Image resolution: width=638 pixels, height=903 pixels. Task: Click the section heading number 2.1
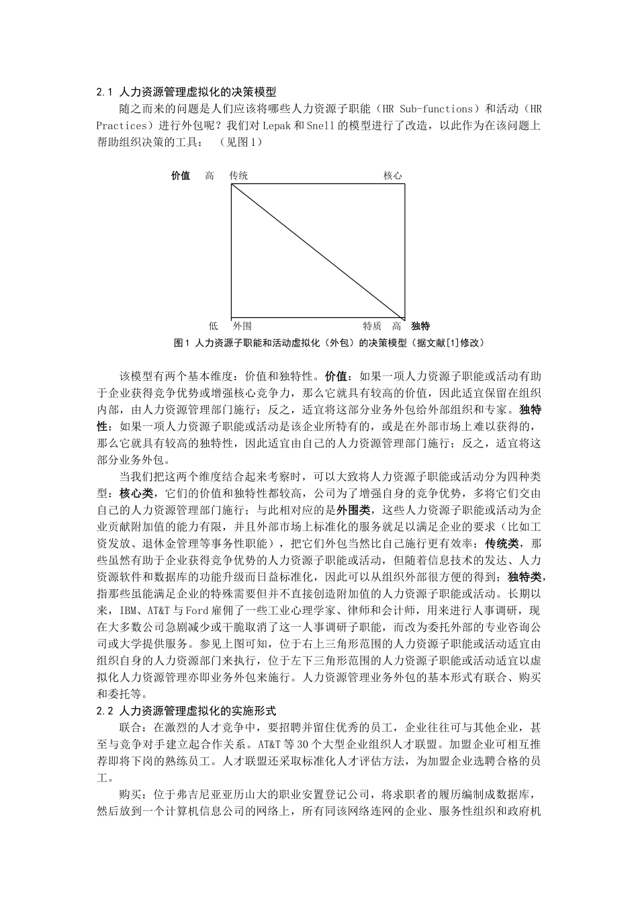104,92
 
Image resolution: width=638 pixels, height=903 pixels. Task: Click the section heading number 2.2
104,710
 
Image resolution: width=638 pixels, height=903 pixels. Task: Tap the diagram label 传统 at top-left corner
238,175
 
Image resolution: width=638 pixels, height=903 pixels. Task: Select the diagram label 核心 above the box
392,175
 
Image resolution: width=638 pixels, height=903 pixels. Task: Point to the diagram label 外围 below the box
242,326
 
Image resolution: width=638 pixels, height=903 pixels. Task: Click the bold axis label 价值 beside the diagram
181,175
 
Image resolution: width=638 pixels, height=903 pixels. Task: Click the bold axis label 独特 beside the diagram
420,326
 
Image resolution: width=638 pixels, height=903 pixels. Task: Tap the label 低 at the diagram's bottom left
213,326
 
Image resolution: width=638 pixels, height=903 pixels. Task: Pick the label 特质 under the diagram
372,326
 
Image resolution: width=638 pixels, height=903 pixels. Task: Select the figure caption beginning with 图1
329,343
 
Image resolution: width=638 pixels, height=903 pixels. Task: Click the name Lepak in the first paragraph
276,126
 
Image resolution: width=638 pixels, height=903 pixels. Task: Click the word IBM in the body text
128,611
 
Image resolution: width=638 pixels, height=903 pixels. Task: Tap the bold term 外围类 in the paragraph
354,510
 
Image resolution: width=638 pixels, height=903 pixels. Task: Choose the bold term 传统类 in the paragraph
502,544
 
